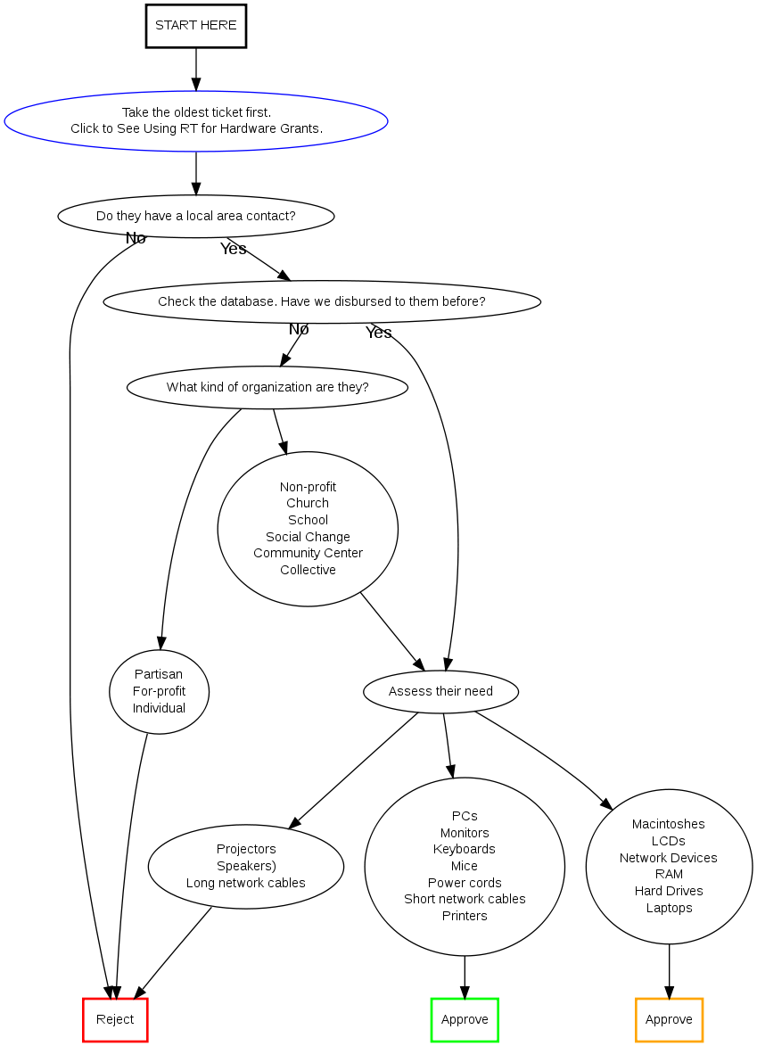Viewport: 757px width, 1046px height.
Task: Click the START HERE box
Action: (196, 26)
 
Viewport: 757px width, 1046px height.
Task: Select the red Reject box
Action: (115, 1020)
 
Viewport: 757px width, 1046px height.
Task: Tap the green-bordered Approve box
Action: (465, 1020)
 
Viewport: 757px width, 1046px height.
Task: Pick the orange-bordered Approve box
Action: (669, 1020)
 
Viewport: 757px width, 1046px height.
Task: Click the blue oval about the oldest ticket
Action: (196, 120)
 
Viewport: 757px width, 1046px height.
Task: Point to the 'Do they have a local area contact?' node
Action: (196, 216)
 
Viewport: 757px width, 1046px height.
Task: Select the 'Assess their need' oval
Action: (440, 691)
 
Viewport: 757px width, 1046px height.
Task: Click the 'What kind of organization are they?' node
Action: (267, 387)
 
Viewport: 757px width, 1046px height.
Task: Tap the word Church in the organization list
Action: (308, 503)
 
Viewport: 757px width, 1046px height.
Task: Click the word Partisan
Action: (159, 674)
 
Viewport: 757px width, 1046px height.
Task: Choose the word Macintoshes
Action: (669, 824)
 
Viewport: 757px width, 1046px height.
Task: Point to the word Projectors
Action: (246, 849)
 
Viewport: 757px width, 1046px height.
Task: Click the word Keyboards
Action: (465, 849)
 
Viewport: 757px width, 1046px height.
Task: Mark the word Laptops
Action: (669, 908)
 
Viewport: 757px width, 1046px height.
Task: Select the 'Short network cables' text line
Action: (465, 899)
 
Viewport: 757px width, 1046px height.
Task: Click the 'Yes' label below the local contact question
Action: (234, 249)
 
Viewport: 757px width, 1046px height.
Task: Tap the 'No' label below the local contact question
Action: (136, 238)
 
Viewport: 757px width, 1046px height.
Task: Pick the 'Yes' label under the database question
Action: (379, 333)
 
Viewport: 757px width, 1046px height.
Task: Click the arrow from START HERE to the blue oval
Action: (196, 69)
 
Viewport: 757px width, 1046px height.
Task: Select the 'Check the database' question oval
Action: (322, 301)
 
